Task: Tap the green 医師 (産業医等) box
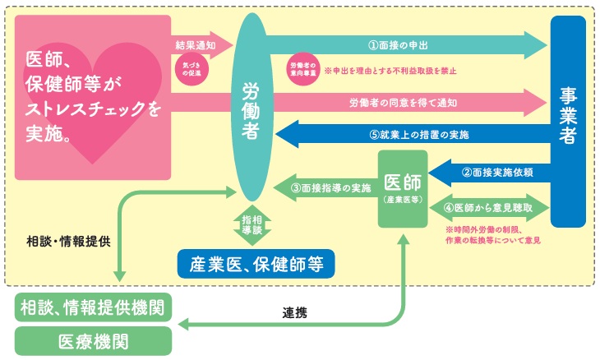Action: tap(403, 189)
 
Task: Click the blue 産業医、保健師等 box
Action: tap(256, 265)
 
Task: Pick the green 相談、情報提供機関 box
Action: tap(92, 307)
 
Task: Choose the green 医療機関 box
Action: tap(92, 340)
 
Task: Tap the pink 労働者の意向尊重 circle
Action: tap(302, 67)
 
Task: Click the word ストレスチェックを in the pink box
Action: tap(93, 107)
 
